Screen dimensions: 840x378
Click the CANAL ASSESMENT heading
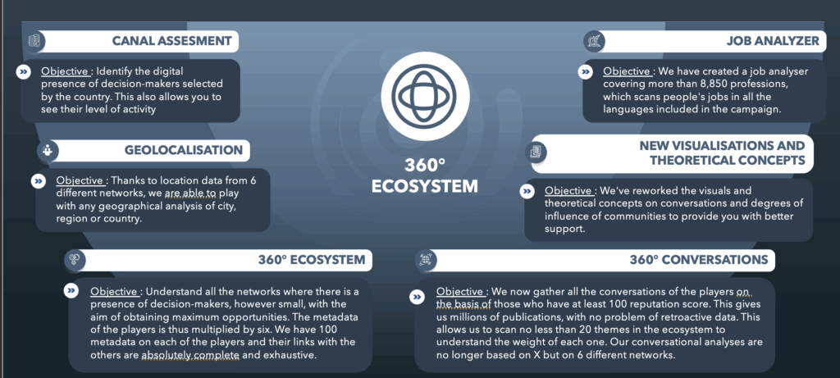click(x=172, y=41)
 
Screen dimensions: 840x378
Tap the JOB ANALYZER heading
click(x=773, y=41)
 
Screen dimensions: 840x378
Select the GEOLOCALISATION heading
click(x=184, y=150)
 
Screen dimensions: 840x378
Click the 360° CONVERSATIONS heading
click(x=699, y=260)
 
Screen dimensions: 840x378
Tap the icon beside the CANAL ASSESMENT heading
click(x=35, y=41)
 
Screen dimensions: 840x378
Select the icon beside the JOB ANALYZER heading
click(x=594, y=41)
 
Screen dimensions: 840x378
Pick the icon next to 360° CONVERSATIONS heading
click(x=426, y=260)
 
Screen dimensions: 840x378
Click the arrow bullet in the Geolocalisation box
click(x=39, y=181)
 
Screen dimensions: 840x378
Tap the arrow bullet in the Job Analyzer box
click(x=586, y=71)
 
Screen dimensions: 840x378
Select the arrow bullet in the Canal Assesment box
click(x=24, y=71)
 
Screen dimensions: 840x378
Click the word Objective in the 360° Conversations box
click(x=459, y=293)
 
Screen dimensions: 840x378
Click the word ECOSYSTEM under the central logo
click(x=425, y=186)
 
